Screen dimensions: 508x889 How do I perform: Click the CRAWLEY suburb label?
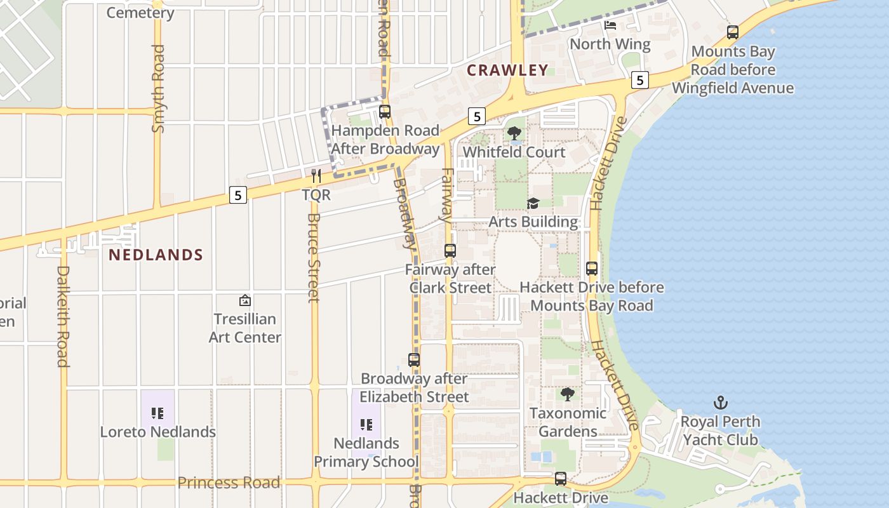pos(507,70)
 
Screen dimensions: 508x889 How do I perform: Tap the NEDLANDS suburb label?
pos(156,255)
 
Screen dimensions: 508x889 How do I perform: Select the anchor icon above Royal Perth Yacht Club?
pos(720,403)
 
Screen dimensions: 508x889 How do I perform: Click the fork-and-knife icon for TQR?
pos(316,176)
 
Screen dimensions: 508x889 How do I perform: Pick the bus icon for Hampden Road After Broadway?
pos(385,112)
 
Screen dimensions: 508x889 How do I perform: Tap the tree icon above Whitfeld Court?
pos(514,133)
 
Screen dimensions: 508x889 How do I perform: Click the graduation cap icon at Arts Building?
pos(533,203)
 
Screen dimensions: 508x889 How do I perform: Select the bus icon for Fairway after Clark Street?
pos(450,251)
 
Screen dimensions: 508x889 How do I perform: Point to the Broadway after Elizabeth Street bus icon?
pos(414,360)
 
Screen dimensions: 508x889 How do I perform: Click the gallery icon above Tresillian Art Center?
pos(244,300)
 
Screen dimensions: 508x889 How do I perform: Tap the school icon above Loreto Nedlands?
pos(157,413)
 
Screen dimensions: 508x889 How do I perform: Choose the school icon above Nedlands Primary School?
pos(366,424)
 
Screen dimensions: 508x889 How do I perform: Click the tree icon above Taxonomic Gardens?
pos(568,394)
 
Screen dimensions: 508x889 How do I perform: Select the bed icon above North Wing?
pos(610,25)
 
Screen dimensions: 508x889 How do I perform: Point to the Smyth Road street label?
pos(158,89)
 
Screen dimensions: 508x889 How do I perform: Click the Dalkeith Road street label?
pos(63,316)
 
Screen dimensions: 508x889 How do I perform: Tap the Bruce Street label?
pos(314,257)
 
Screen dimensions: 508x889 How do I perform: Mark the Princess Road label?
pos(229,483)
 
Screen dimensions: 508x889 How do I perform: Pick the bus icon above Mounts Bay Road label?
pos(733,32)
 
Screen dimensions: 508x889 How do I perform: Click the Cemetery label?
pos(140,13)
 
